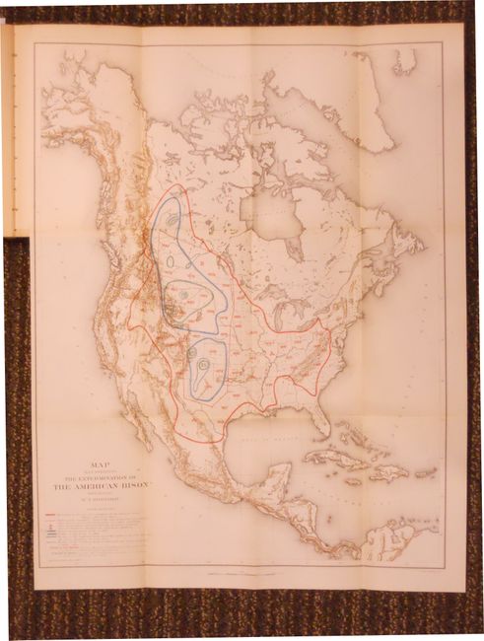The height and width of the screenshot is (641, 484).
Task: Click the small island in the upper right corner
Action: [x=404, y=61]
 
